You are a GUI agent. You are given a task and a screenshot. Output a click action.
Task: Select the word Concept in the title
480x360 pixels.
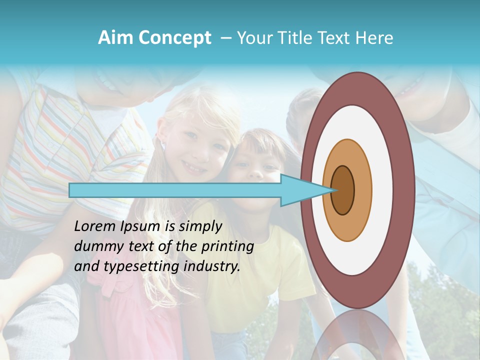174,38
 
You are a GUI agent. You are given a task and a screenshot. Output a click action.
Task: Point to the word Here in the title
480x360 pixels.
375,38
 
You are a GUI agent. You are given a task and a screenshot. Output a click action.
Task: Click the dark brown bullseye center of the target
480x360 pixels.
343,190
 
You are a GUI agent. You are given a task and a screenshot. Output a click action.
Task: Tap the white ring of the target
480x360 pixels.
383,190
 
